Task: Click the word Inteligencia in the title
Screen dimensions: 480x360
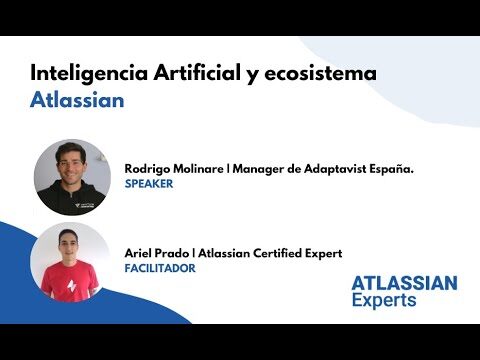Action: click(89, 74)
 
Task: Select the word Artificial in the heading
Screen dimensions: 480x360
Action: click(197, 72)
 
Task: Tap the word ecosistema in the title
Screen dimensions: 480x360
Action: click(320, 73)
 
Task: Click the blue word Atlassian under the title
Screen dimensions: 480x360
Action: click(77, 100)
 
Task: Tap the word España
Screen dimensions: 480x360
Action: click(391, 169)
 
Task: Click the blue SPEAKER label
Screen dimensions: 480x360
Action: click(149, 184)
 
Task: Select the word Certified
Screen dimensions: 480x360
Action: click(277, 253)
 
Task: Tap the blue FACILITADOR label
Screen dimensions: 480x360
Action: click(160, 268)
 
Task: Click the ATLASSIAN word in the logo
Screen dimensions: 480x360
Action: click(404, 283)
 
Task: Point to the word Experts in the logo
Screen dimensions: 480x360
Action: click(384, 300)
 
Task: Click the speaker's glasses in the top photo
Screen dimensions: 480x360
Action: click(70, 163)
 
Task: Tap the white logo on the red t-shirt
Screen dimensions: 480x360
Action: click(72, 285)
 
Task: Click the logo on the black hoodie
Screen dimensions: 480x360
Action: click(85, 205)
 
